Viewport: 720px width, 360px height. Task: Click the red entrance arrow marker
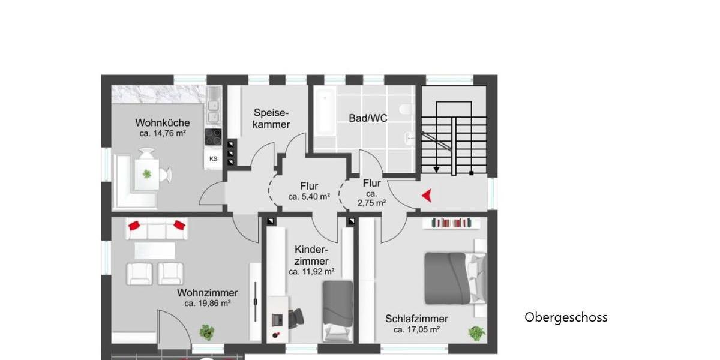tap(427, 195)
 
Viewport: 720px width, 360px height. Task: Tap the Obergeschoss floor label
tap(566, 317)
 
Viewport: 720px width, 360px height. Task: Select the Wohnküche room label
tap(162, 123)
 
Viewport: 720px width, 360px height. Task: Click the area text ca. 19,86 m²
tap(208, 304)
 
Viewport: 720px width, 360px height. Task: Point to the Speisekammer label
tap(271, 118)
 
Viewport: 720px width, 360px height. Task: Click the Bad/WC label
tap(368, 118)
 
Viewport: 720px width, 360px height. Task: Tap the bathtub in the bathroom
tap(325, 112)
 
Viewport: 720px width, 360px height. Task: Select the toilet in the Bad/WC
tap(406, 110)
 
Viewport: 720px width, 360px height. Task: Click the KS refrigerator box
tap(213, 159)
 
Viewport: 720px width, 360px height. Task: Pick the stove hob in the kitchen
tap(213, 137)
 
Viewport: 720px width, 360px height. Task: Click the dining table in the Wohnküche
tap(147, 173)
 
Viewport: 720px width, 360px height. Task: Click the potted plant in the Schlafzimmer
tap(477, 333)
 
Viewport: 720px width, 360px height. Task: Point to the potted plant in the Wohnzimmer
tap(208, 332)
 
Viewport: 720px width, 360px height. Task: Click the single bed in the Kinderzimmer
tap(338, 310)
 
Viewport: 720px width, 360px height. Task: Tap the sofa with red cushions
tap(155, 228)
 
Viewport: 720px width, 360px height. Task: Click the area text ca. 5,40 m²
tap(308, 196)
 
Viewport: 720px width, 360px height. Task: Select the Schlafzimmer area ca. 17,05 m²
tap(416, 329)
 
